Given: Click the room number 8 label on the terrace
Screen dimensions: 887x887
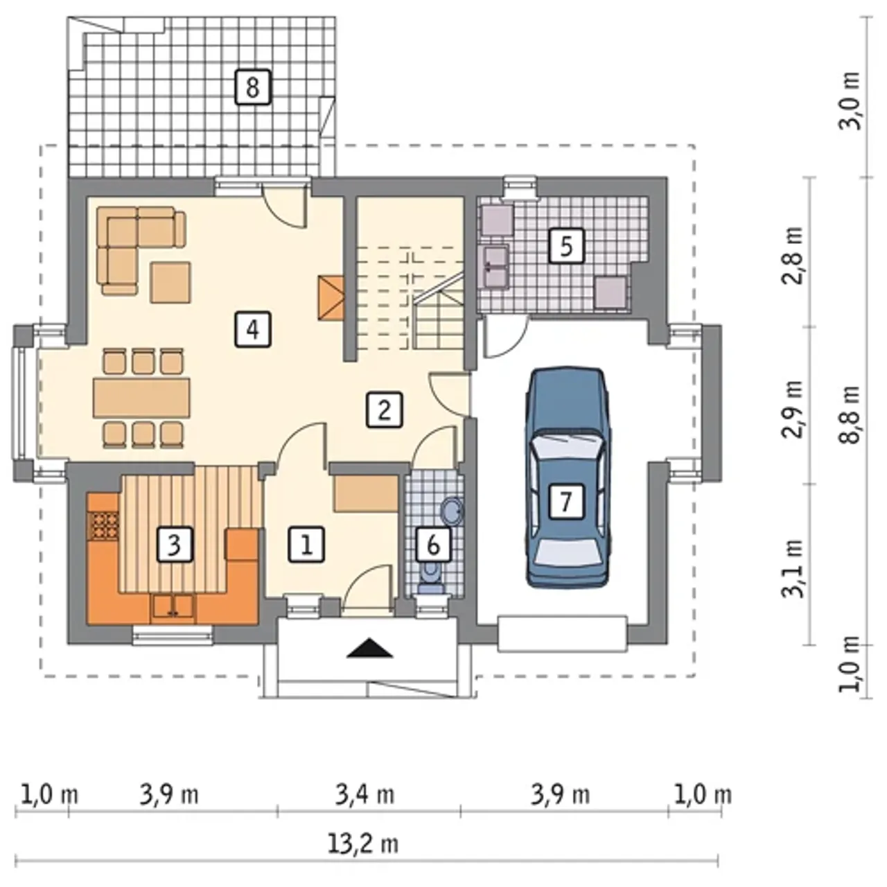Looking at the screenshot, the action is point(252,87).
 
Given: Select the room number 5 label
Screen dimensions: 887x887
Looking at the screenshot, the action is point(566,246).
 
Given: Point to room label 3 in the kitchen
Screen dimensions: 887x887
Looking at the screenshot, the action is point(174,545).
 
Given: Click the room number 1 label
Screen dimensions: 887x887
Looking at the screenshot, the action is point(306,545).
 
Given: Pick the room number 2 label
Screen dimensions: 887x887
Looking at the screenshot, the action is point(385,410).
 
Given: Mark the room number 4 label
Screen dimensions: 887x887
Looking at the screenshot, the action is point(253,329).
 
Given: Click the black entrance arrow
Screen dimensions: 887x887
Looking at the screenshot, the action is point(369,648).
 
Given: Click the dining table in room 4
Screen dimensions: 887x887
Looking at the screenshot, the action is point(141,397).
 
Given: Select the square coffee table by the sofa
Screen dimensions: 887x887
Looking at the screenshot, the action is point(170,282).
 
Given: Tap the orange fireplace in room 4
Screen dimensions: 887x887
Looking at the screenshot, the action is point(331,298).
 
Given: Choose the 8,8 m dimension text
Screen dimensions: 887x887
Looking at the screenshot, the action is point(850,414).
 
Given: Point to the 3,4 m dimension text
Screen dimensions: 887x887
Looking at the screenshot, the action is point(365,796).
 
